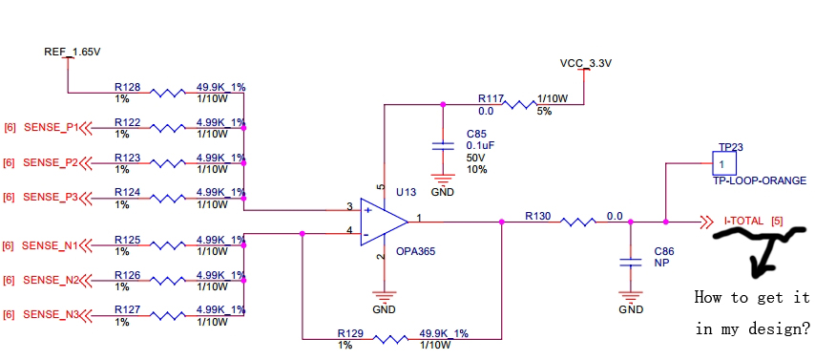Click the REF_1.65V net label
coord(73,52)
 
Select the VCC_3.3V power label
coord(586,63)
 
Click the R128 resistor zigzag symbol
coord(167,94)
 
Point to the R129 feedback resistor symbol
coord(390,340)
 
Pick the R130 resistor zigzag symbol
coord(577,222)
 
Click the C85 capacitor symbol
coord(443,147)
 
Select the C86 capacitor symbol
coord(631,263)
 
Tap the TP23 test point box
coord(724,163)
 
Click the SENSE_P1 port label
coord(51,127)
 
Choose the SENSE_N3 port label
coord(51,315)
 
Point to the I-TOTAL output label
coord(743,222)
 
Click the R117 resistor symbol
coord(519,105)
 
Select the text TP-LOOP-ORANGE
coord(760,180)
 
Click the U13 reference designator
coord(406,193)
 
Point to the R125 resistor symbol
coord(167,245)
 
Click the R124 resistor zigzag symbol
coord(167,199)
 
